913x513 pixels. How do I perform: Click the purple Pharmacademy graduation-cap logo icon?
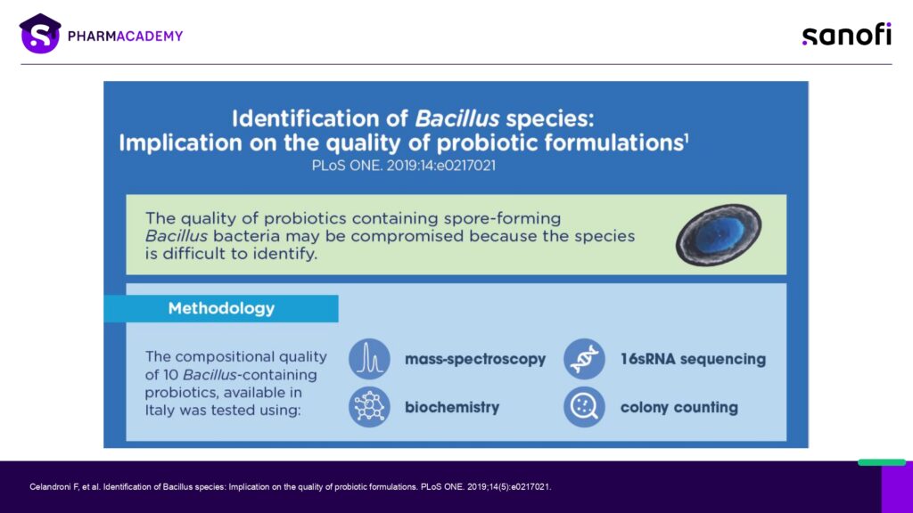[40, 34]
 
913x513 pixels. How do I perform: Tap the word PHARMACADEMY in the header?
[125, 36]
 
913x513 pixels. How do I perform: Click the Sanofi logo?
[847, 35]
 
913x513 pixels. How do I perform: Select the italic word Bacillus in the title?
[457, 118]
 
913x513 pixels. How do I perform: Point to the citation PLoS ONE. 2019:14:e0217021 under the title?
[404, 166]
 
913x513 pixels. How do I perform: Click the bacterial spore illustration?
[719, 234]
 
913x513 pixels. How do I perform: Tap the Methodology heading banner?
[221, 308]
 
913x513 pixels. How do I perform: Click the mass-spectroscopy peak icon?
[369, 359]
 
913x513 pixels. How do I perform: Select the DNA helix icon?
[584, 359]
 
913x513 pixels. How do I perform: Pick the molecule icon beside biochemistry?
[369, 406]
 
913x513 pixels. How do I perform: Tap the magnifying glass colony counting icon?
[584, 406]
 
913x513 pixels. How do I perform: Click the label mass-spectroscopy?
[475, 360]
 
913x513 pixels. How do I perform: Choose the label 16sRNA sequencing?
[693, 359]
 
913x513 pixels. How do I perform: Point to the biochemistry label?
[452, 407]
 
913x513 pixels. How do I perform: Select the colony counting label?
[679, 407]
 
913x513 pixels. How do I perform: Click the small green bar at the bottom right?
[882, 462]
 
